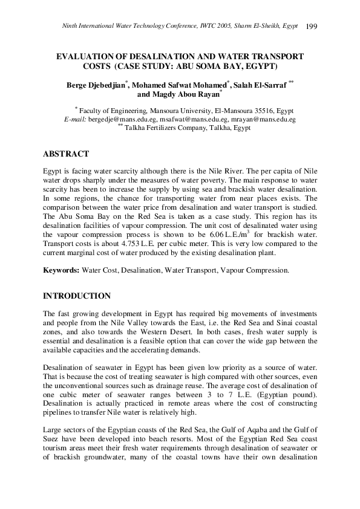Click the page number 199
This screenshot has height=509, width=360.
(x=312, y=26)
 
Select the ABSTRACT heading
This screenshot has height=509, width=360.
(x=66, y=154)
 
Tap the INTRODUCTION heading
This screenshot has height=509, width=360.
(x=77, y=296)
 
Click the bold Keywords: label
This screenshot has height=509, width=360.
(x=62, y=270)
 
